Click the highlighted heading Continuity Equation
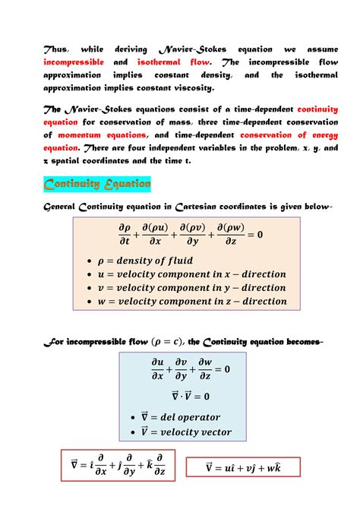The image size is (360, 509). point(96,185)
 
